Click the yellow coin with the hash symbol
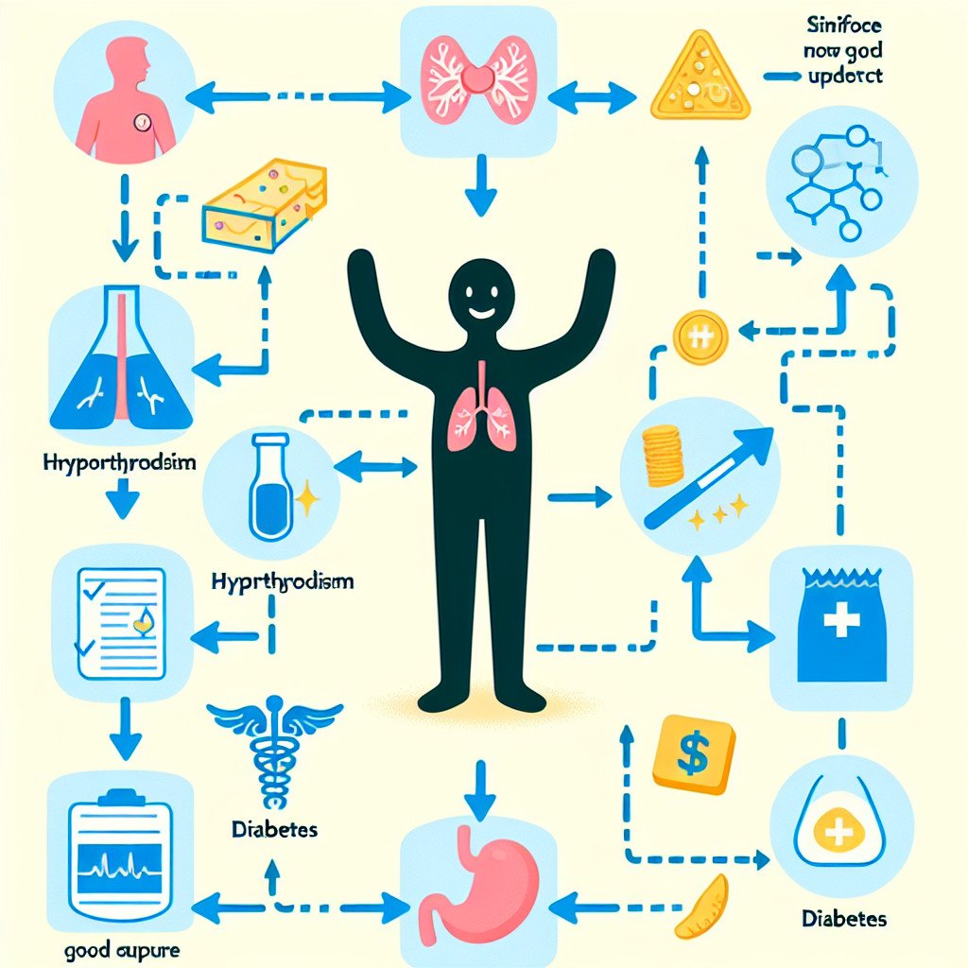point(700,336)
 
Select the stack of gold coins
point(662,454)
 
